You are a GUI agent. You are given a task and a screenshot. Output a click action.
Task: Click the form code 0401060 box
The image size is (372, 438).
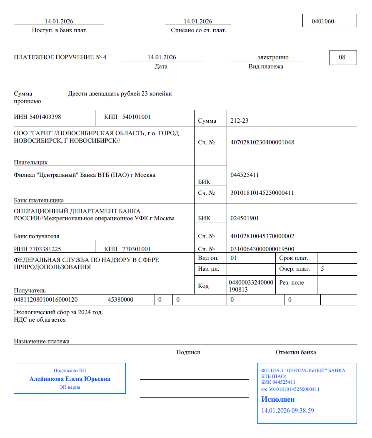click(329, 21)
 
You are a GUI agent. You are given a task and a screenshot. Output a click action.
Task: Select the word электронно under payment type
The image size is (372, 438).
click(273, 58)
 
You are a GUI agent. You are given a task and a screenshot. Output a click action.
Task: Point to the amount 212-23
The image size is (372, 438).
click(240, 121)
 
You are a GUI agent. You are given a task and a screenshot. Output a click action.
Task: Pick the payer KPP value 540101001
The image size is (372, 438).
click(136, 117)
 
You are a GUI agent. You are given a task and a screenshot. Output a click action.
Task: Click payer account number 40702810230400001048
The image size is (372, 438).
click(262, 142)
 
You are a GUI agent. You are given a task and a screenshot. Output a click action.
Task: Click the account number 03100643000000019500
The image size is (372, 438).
click(262, 249)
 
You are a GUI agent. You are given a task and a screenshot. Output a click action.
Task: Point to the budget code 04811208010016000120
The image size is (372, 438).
click(46, 300)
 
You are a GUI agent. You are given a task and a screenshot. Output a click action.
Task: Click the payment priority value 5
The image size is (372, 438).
click(322, 269)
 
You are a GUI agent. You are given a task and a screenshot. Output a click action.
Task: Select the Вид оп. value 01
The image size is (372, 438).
click(234, 258)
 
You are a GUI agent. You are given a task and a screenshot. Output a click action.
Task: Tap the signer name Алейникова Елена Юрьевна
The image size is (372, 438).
click(70, 379)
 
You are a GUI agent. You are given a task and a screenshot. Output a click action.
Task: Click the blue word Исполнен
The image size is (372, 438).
click(278, 399)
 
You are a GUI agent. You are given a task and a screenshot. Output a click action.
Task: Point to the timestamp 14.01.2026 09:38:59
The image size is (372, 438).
click(287, 410)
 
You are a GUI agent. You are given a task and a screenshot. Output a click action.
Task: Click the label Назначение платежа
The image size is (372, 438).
click(42, 341)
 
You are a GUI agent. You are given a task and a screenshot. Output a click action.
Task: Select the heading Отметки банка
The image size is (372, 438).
click(296, 352)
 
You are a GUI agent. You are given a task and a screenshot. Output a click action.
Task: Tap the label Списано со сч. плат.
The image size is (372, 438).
click(199, 30)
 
